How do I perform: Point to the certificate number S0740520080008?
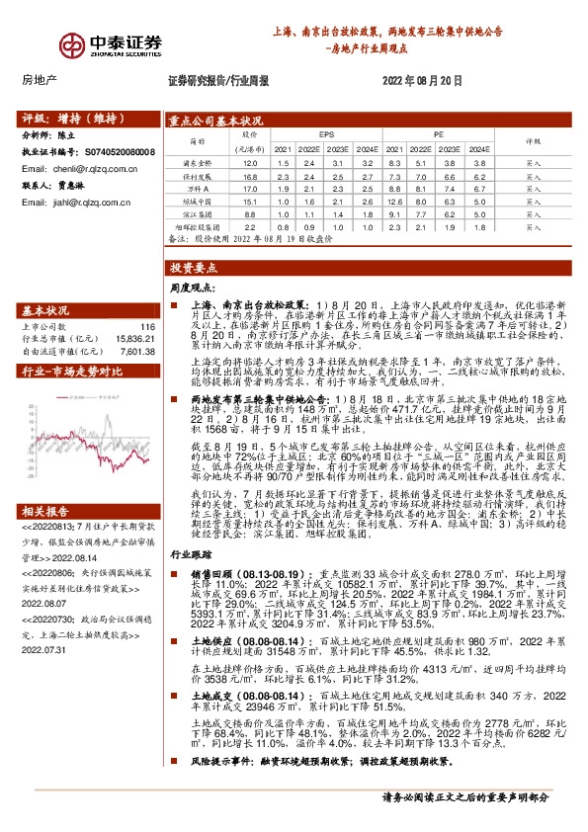(119, 153)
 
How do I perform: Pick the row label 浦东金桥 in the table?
(201, 163)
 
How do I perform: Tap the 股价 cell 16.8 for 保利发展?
(250, 176)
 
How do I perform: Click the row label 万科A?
(201, 188)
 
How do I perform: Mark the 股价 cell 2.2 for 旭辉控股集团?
(250, 225)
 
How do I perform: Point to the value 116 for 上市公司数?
(148, 325)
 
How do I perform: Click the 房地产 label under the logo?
(40, 81)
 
